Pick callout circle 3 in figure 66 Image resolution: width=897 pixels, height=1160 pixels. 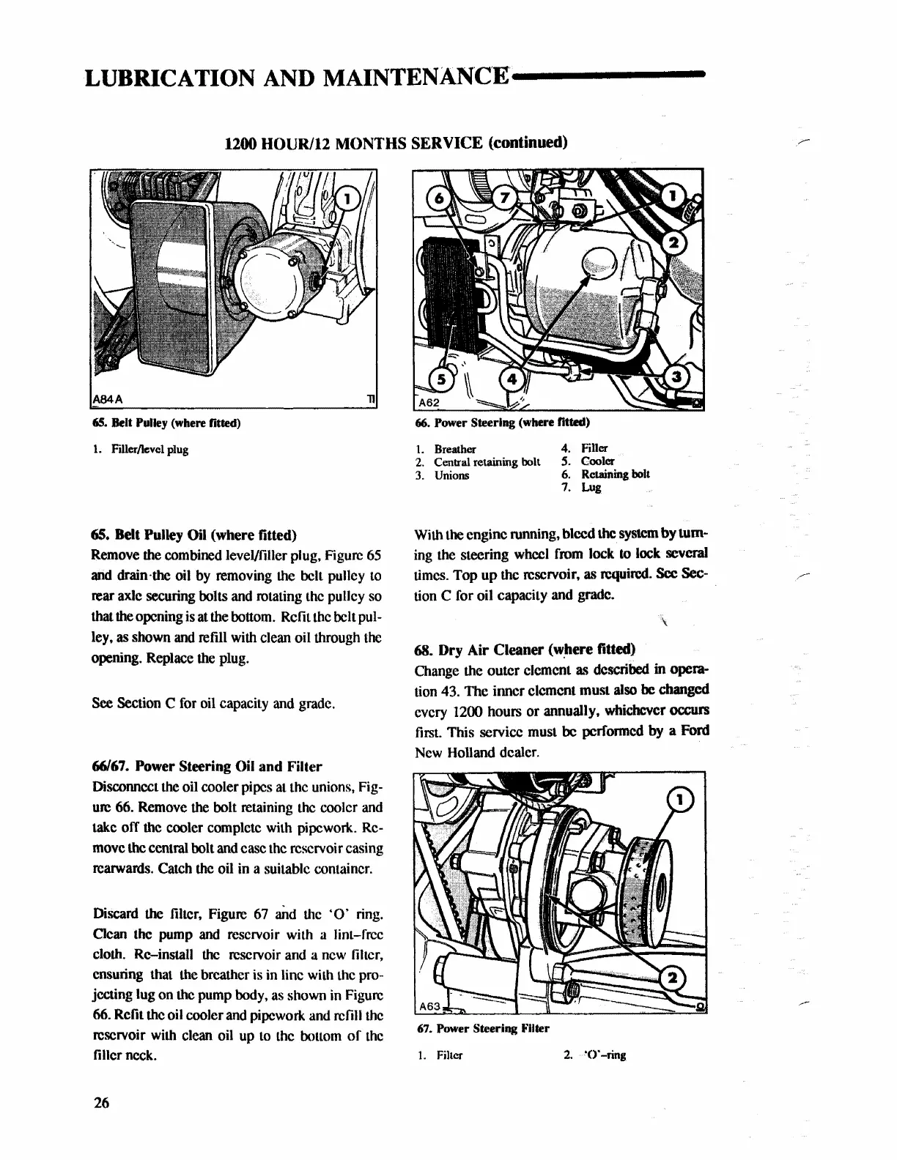pos(676,377)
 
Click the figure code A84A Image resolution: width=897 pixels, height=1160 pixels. pos(107,398)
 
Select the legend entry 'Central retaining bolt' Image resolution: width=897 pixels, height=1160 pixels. pos(487,462)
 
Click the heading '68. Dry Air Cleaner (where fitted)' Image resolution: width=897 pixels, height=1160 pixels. pos(525,649)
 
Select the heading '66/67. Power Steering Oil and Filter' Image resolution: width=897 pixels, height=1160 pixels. pos(207,767)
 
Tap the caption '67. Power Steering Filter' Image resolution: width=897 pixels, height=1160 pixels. pos(483,1028)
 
